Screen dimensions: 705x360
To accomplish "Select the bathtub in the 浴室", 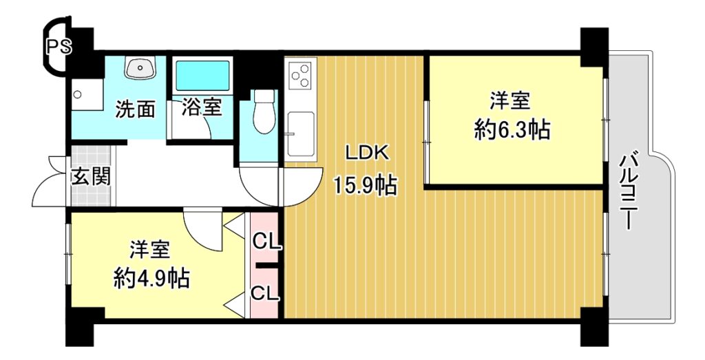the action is point(202,76).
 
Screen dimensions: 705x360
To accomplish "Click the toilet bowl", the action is point(264,112).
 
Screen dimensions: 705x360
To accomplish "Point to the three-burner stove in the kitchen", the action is point(300,75).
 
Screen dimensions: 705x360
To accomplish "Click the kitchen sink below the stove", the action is point(301,134).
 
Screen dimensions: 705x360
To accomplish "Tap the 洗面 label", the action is point(136,109).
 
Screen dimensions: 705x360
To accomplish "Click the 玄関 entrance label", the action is point(92,177).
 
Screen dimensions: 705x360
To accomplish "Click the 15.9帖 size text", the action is point(365,185).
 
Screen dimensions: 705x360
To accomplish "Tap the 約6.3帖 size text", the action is point(512,130).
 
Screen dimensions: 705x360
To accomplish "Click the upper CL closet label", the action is point(266,242).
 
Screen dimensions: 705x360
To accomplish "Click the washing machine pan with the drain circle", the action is point(87,95).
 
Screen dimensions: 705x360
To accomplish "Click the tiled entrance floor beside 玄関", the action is point(92,176).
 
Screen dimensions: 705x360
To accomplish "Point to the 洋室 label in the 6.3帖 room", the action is point(510,100).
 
